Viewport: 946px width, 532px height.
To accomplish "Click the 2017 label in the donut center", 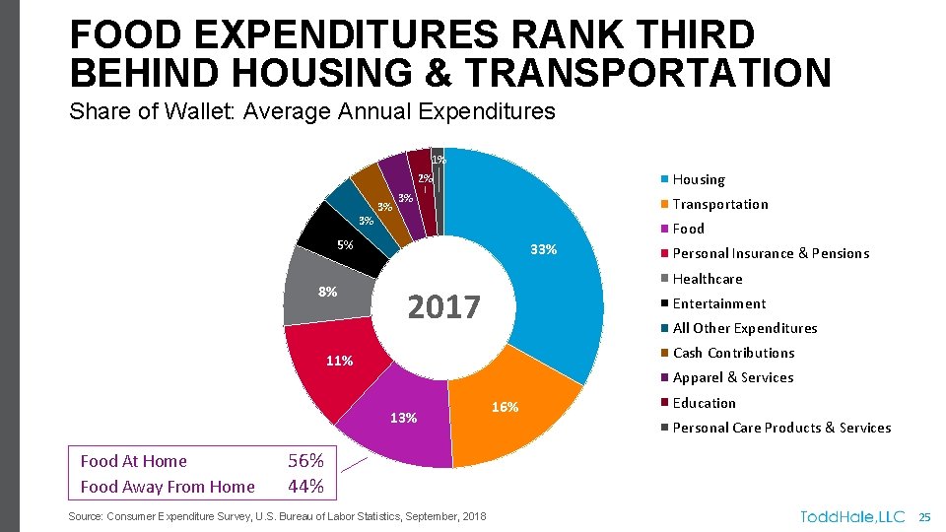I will pos(443,307).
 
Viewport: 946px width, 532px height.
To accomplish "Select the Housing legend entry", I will pos(698,179).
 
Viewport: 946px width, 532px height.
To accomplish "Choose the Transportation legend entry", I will pos(719,204).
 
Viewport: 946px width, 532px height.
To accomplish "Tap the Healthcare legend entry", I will pos(707,279).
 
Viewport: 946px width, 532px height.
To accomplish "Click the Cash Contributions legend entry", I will pos(733,353).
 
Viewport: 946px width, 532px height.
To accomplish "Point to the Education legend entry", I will pos(704,403).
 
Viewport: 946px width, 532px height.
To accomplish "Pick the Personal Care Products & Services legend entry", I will pos(780,428).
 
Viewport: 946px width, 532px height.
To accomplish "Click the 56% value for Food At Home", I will pos(304,460).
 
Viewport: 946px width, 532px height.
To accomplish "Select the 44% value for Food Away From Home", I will pos(304,486).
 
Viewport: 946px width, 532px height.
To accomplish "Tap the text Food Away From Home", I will pos(167,487).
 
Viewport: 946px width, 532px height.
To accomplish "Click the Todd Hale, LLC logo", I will pos(852,516).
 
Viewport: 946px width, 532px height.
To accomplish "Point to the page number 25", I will pos(924,516).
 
